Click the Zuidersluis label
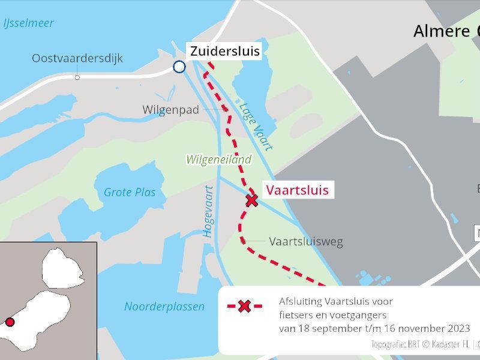pos(225,52)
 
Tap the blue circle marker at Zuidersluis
pos(179,67)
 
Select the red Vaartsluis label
pos(297,190)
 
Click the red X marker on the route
pos(252,200)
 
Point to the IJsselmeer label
pos(28,23)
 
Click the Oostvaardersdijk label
pos(77,58)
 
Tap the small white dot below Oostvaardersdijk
pos(77,77)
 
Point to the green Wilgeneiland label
pos(218,160)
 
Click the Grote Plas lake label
pos(130,193)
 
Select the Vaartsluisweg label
pos(305,242)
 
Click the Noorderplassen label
pos(164,307)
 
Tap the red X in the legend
pos(244,307)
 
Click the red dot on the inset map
pos(10,322)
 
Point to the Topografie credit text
pos(420,344)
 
